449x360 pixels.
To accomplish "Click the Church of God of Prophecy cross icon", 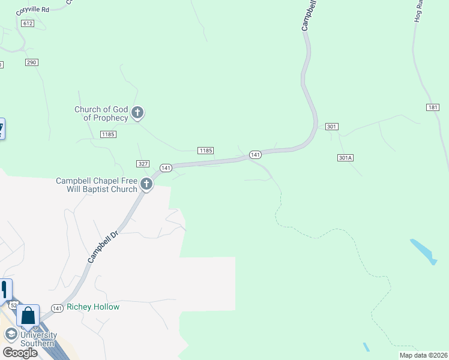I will click(137, 112).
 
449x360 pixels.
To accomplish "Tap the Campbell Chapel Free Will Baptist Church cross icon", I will click(146, 185).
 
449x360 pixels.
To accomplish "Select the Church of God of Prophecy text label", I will click(101, 113).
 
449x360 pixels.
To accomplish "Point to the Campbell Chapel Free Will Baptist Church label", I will click(97, 185).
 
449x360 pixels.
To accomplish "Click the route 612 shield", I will click(26, 23).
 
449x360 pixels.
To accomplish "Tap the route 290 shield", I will click(32, 62).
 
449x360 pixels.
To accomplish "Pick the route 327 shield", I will click(142, 164).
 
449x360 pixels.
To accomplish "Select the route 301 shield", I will click(332, 127).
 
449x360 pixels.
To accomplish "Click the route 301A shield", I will click(345, 158).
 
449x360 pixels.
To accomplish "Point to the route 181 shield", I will click(433, 107).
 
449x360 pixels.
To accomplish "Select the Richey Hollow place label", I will click(93, 307).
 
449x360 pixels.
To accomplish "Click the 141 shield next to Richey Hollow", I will click(57, 308).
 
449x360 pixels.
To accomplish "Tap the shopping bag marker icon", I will click(28, 315).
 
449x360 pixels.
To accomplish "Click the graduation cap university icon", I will click(10, 334).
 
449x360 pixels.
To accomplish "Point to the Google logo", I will click(20, 353).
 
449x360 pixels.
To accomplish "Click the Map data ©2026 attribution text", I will click(423, 355).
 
